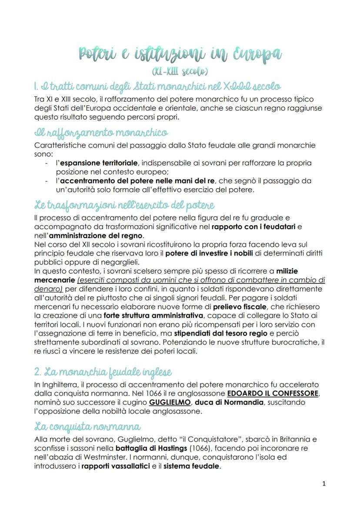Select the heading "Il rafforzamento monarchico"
(x=101, y=133)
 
